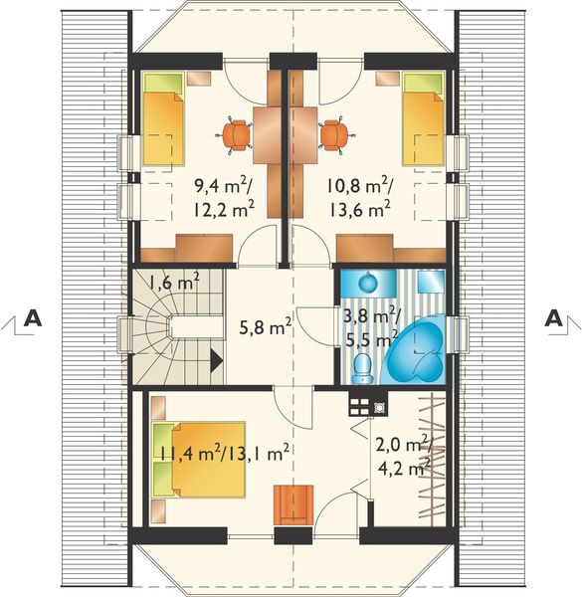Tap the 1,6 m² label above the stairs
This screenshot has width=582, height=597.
coord(174,283)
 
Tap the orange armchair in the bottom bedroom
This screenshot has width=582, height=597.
coord(293,502)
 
